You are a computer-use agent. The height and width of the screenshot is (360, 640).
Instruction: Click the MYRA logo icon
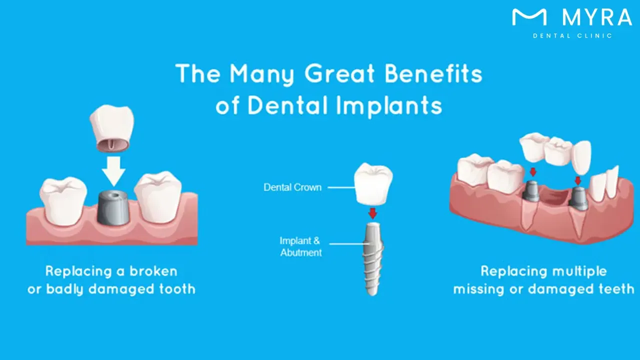(x=529, y=17)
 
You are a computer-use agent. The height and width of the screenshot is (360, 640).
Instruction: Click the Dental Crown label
(x=292, y=187)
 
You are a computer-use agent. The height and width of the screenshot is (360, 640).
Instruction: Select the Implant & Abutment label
(x=300, y=246)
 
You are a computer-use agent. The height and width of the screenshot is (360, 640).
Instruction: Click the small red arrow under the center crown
(x=372, y=214)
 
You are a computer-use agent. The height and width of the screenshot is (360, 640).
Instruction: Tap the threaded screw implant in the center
(x=372, y=257)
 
